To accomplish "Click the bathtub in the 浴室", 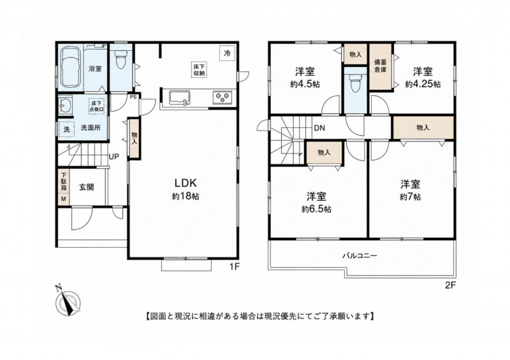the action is (71, 68).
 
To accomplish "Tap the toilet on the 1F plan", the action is (120, 61).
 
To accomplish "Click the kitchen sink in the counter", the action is (178, 97).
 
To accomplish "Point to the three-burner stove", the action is (222, 97).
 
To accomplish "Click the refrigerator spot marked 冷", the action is (228, 53).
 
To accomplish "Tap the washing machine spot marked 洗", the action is (67, 129).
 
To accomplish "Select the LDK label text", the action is (186, 183).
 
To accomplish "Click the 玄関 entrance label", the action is (87, 187).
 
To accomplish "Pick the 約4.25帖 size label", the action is (423, 84).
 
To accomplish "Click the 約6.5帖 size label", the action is (316, 210).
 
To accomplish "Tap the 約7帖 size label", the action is (410, 197).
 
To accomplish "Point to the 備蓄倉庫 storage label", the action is (380, 66).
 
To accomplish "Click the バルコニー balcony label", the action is (360, 256).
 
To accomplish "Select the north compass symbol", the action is (68, 301).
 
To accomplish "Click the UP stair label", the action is (114, 157).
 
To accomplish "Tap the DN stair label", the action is (319, 128).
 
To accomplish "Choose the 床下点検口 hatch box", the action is (98, 106).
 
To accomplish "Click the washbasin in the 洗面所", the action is (65, 105).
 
